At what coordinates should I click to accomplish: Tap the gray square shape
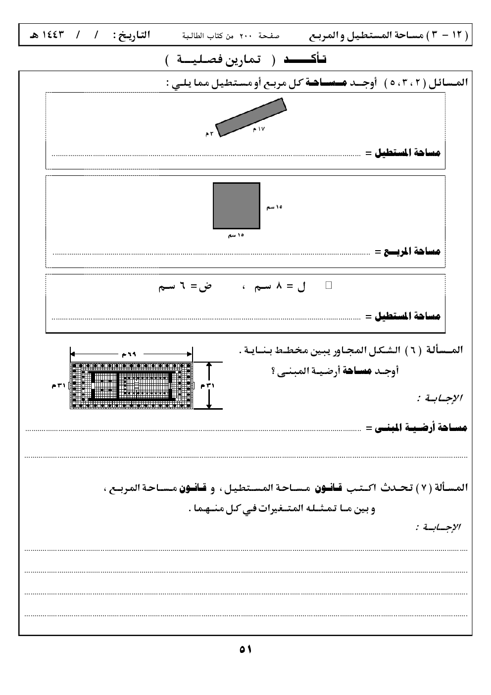[237, 206]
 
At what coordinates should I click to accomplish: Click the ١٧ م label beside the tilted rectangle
[259, 129]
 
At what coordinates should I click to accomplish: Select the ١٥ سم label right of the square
[274, 207]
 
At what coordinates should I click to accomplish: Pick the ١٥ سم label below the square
[236, 235]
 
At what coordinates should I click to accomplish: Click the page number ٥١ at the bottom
[245, 649]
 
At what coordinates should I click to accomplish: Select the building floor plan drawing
[131, 385]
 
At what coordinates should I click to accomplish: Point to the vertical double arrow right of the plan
[209, 385]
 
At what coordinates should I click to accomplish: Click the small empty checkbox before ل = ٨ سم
[328, 285]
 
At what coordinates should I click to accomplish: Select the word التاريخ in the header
[132, 37]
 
